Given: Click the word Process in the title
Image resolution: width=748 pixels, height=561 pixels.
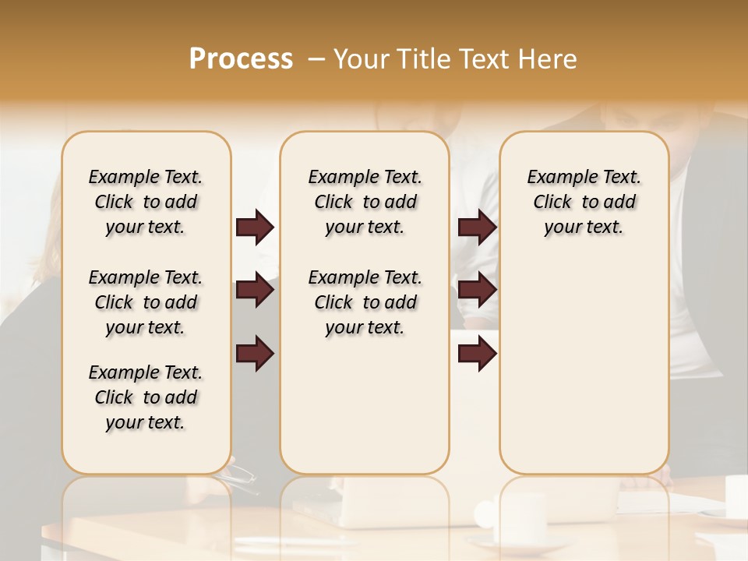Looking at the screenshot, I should pyautogui.click(x=241, y=59).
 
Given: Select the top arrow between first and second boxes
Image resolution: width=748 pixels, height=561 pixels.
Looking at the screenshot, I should pyautogui.click(x=255, y=227).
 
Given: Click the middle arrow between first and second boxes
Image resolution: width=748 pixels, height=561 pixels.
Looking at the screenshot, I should pyautogui.click(x=255, y=291).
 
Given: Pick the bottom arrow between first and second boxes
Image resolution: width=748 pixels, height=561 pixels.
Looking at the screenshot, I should pyautogui.click(x=255, y=354).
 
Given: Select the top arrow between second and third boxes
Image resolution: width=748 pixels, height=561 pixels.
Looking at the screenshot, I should pyautogui.click(x=477, y=227).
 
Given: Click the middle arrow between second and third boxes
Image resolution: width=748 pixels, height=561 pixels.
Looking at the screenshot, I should pyautogui.click(x=477, y=291).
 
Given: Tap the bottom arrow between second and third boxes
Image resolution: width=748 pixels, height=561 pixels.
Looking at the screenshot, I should pyautogui.click(x=477, y=354).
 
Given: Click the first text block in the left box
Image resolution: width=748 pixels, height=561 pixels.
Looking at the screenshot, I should pyautogui.click(x=146, y=202).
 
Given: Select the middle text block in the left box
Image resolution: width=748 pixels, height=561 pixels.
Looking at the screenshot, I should pyautogui.click(x=146, y=302).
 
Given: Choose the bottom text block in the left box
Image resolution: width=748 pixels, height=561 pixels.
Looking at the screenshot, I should pyautogui.click(x=146, y=397).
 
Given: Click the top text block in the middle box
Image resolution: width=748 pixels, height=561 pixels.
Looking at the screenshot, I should pyautogui.click(x=365, y=202).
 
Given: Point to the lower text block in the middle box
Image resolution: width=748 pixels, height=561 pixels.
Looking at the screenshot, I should pyautogui.click(x=365, y=302).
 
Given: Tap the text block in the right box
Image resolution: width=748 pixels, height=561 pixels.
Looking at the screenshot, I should pyautogui.click(x=584, y=202).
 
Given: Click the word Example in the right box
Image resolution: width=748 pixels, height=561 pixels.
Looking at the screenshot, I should pyautogui.click(x=556, y=177).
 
